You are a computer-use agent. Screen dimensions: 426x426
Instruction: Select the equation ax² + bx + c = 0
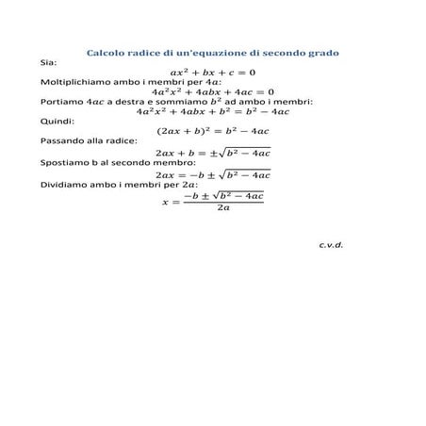click(x=212, y=72)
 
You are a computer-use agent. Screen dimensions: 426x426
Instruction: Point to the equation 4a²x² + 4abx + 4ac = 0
click(x=212, y=91)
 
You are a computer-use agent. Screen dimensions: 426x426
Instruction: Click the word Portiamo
click(x=62, y=102)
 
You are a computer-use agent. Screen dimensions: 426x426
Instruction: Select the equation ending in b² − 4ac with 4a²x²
click(x=212, y=111)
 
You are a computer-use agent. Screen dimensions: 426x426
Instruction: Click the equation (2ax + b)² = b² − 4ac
click(x=212, y=131)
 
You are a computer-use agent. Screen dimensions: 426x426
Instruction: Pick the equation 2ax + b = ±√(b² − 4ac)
click(x=212, y=152)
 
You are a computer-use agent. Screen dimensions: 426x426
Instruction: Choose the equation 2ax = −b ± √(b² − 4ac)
click(x=212, y=173)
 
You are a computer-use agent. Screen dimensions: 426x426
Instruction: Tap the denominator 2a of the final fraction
click(x=222, y=208)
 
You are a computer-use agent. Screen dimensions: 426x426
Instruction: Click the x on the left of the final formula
click(x=166, y=202)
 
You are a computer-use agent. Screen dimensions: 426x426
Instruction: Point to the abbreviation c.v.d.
click(x=331, y=244)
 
